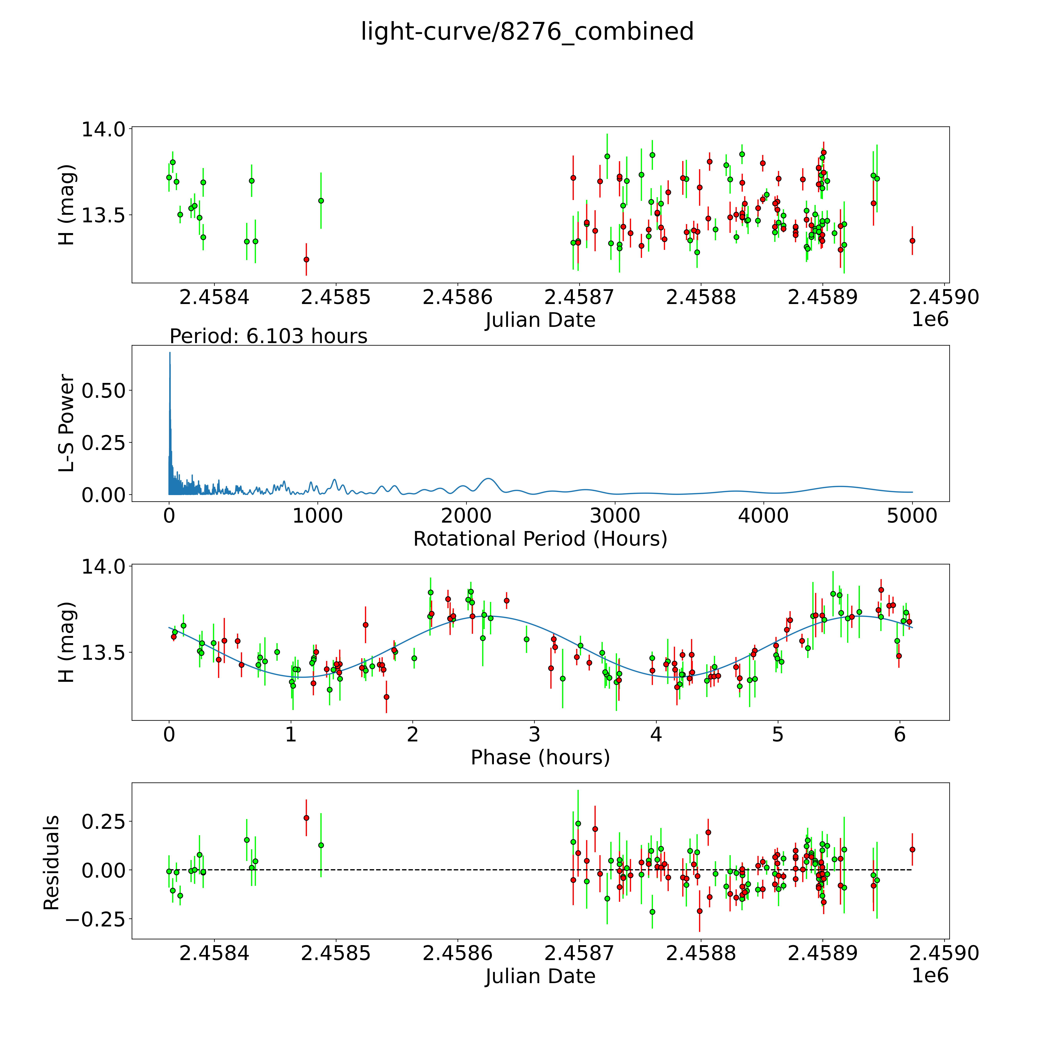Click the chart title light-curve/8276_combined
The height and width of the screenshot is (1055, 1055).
coord(527,32)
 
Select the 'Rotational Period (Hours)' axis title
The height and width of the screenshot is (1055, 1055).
coord(540,539)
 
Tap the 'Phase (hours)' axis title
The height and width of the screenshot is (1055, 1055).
coord(540,757)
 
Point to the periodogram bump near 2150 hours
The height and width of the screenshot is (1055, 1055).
coord(489,479)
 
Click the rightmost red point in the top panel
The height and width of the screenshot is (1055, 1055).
coord(912,240)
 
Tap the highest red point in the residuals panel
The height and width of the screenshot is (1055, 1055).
coord(306,818)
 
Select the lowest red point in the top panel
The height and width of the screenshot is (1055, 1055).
coord(306,259)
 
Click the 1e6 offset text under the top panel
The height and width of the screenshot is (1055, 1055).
coord(930,319)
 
